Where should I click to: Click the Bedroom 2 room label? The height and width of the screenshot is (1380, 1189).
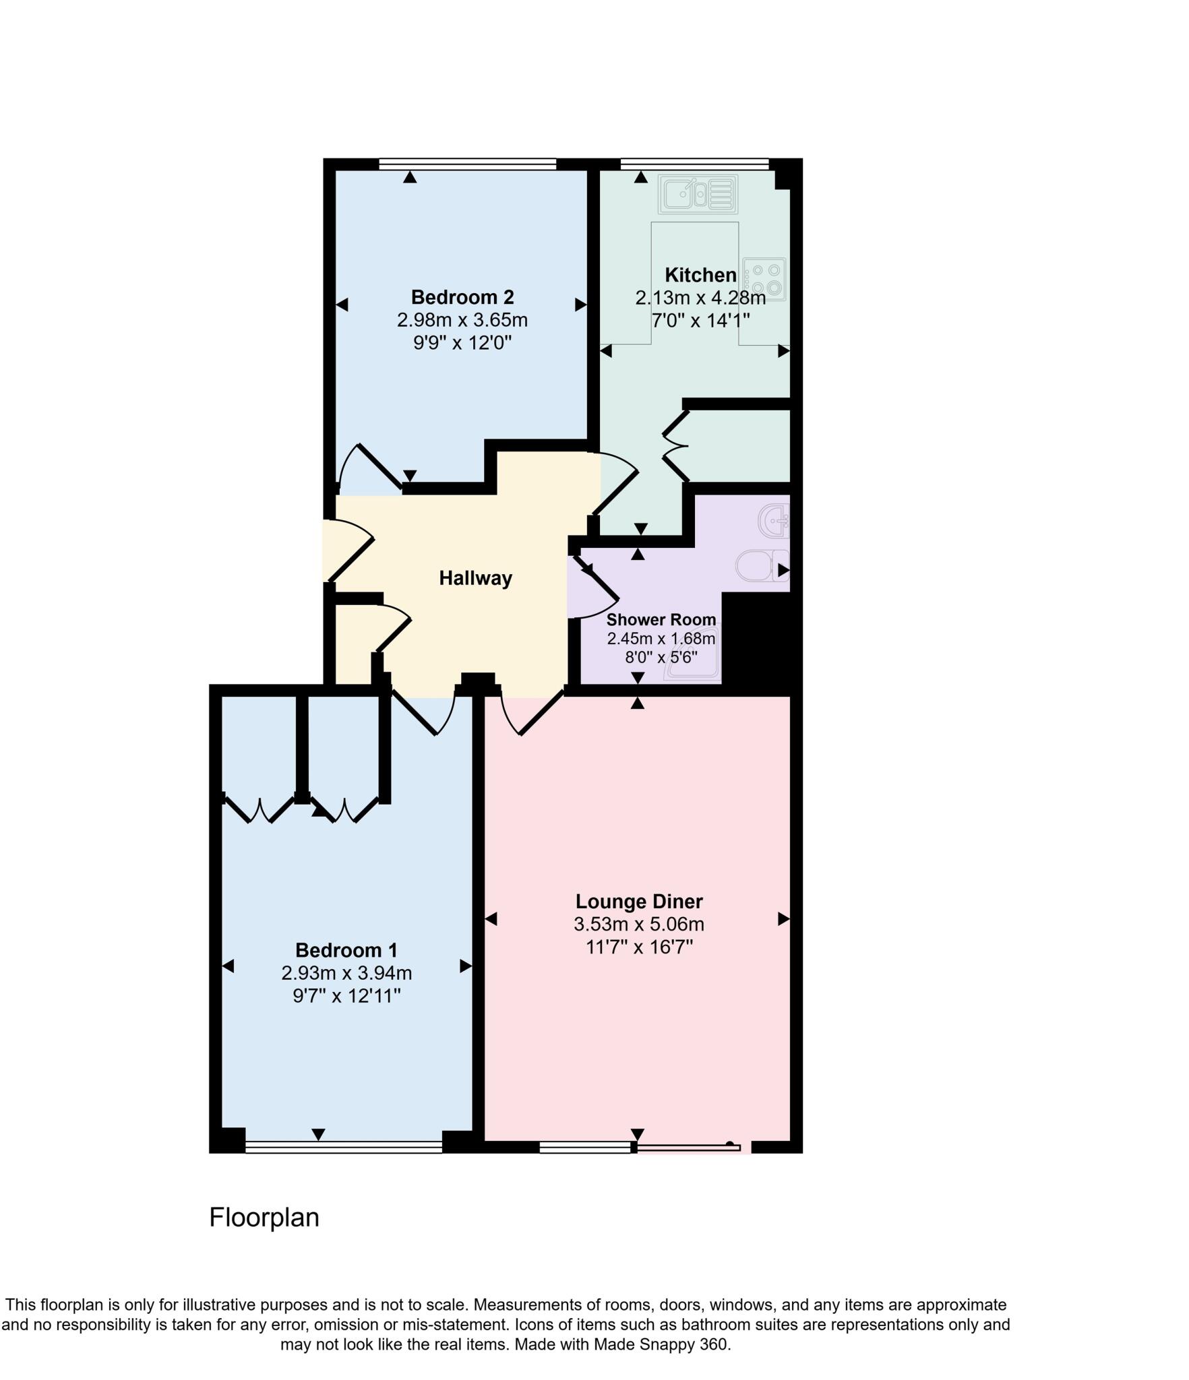pyautogui.click(x=462, y=297)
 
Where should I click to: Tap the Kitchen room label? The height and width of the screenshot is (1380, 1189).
pyautogui.click(x=700, y=275)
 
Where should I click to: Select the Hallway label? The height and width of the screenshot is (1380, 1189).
pyautogui.click(x=475, y=578)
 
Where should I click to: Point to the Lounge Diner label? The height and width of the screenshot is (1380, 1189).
pyautogui.click(x=639, y=902)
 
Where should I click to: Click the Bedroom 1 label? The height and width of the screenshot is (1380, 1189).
pyautogui.click(x=346, y=950)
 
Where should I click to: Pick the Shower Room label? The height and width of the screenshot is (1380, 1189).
pyautogui.click(x=661, y=620)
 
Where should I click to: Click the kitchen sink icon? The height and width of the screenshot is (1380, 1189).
pyautogui.click(x=698, y=194)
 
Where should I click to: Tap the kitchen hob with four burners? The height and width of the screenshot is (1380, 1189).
pyautogui.click(x=765, y=278)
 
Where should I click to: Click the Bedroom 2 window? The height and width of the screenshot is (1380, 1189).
pyautogui.click(x=467, y=164)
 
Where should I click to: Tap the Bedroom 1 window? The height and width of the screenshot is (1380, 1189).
pyautogui.click(x=343, y=1147)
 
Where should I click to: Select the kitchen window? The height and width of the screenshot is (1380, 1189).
pyautogui.click(x=694, y=164)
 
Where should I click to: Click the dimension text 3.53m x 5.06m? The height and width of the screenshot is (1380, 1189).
pyautogui.click(x=639, y=924)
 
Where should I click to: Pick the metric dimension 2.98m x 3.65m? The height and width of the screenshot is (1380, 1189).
pyautogui.click(x=462, y=320)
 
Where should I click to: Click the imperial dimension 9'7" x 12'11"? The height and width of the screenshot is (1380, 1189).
pyautogui.click(x=346, y=996)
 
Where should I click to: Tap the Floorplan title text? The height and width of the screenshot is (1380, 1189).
pyautogui.click(x=264, y=1218)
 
